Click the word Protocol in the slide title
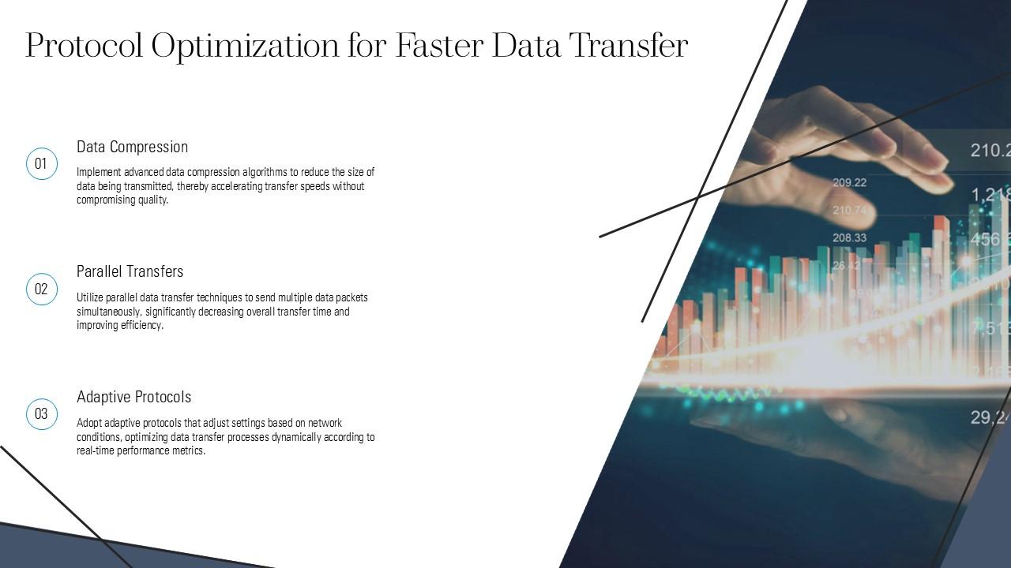pos(85,46)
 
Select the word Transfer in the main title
pos(629,46)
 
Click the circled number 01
pos(42,164)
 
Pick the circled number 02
pos(42,289)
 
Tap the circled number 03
pos(42,414)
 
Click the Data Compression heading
pos(132,147)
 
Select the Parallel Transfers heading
pos(130,271)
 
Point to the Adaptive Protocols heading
pos(133,397)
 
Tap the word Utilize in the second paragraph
pos(89,297)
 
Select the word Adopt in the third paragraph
pos(88,423)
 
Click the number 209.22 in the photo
pos(849,182)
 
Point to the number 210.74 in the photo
pos(849,211)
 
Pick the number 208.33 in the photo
pos(849,237)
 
